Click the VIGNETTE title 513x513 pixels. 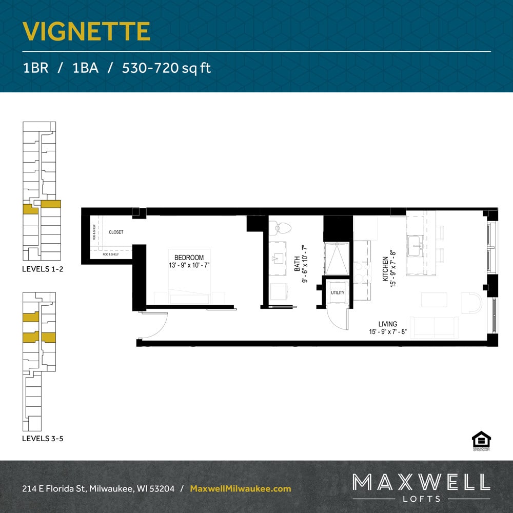86,32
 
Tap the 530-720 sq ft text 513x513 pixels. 166,68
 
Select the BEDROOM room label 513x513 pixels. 189,258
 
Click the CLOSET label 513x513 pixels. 116,232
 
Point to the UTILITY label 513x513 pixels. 338,293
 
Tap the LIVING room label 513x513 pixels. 388,324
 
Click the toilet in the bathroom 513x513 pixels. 280,228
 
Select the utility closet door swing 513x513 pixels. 338,318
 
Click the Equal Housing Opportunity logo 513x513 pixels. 481,441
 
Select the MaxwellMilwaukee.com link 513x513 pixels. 241,489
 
